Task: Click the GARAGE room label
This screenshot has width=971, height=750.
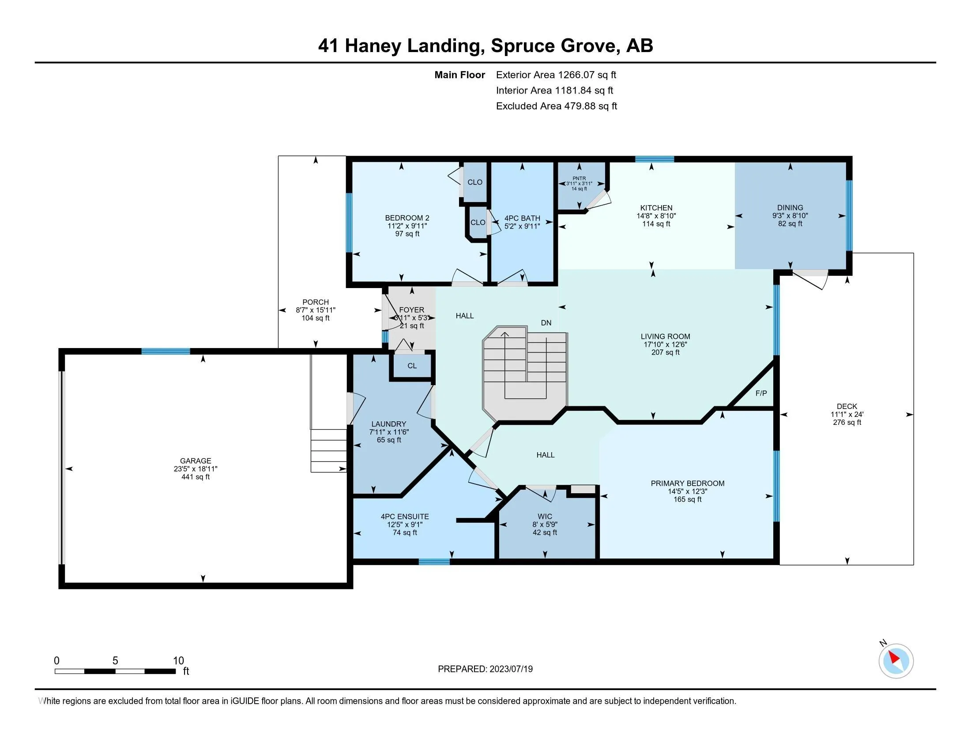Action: (195, 461)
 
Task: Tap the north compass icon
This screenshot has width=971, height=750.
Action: (896, 661)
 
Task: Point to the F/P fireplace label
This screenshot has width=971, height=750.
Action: (761, 393)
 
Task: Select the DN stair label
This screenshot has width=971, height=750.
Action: (546, 323)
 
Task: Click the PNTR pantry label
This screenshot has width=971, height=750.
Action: (580, 178)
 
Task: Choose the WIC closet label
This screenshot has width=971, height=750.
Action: (545, 516)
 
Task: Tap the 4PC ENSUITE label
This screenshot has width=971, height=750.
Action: (405, 516)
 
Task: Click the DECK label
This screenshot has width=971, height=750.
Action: (847, 406)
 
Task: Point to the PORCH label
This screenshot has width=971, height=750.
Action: (316, 302)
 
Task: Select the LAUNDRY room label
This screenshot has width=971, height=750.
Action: (388, 424)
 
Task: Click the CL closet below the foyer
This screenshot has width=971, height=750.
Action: (412, 366)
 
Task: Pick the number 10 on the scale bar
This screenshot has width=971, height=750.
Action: (178, 660)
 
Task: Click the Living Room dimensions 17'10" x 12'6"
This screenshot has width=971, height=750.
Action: (665, 345)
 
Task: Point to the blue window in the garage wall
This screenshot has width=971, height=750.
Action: (166, 352)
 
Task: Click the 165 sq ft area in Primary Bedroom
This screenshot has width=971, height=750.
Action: (687, 499)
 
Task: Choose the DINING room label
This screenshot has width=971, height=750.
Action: (790, 207)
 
